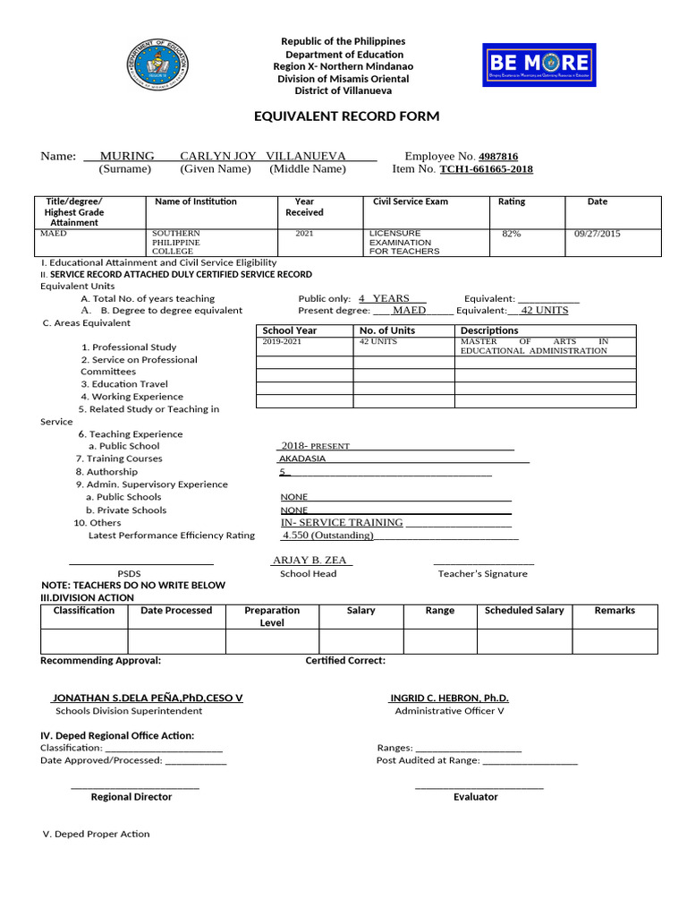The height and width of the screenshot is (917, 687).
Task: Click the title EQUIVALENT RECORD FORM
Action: coord(335,116)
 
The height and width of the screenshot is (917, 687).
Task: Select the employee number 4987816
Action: coord(498,156)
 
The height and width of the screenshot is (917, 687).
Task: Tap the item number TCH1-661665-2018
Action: coord(486,169)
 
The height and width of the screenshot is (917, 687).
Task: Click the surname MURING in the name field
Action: coord(127,156)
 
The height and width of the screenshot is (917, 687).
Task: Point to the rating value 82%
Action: coord(512,234)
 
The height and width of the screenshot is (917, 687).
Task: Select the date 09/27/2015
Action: coord(598,234)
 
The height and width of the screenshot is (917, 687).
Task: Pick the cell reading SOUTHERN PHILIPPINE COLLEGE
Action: coord(176,242)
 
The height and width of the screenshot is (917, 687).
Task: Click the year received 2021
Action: coord(305,234)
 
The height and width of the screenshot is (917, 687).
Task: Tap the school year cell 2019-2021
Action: coord(282,342)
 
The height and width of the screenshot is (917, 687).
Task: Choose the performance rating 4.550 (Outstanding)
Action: coord(327,536)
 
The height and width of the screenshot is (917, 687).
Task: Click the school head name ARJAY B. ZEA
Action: coord(310,561)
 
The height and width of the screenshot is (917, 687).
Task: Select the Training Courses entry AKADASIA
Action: coord(302,458)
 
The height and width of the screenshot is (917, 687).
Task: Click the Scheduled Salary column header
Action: coord(524,611)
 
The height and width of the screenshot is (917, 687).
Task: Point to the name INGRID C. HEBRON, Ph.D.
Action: coord(449,698)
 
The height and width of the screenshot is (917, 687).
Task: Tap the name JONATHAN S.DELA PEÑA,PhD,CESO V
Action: coord(148,698)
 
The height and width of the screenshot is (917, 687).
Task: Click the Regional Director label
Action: coord(131,797)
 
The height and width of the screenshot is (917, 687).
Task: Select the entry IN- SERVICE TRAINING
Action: coord(342,523)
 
